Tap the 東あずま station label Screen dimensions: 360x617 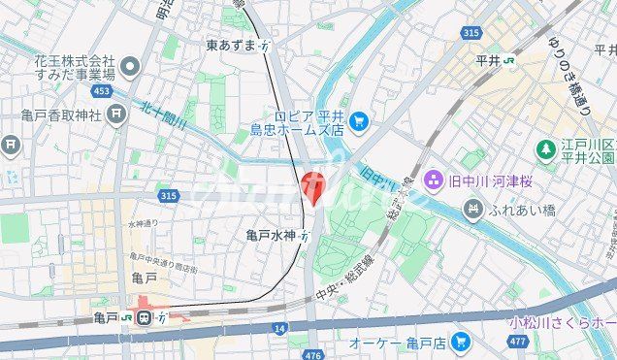click(x=231, y=46)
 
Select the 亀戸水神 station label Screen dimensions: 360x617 click(x=271, y=234)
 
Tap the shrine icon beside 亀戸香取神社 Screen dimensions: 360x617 click(x=117, y=115)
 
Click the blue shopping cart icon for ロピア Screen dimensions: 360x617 click(x=359, y=120)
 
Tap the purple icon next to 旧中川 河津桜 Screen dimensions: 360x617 click(x=433, y=179)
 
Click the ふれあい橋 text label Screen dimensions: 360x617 click(x=521, y=208)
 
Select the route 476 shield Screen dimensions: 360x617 click(x=311, y=355)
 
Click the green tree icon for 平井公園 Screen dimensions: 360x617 click(x=547, y=149)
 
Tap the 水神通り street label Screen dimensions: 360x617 click(x=142, y=224)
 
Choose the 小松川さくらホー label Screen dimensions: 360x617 click(x=564, y=321)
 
